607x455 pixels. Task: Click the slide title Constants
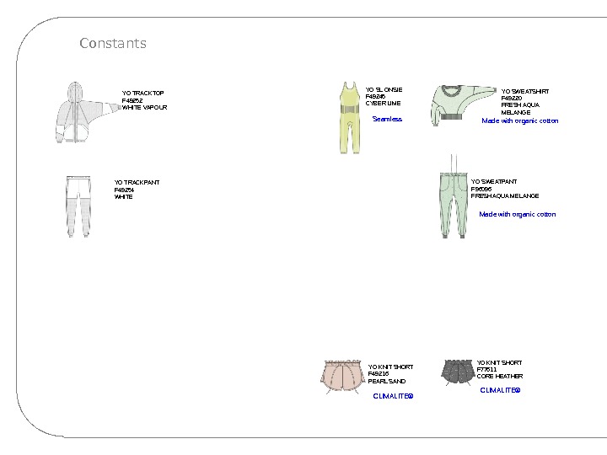[113, 43]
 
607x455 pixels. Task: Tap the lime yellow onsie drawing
[346, 118]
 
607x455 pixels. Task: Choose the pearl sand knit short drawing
[343, 375]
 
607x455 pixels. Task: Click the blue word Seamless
[387, 120]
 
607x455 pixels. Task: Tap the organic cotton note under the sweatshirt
[519, 120]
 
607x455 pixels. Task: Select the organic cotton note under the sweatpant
[518, 214]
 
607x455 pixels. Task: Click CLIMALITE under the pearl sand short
[393, 395]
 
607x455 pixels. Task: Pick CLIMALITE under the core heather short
[500, 390]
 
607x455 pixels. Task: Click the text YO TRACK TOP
[143, 94]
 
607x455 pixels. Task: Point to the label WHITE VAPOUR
[145, 108]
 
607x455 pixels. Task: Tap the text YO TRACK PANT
[137, 182]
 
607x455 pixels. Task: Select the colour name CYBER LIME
[383, 103]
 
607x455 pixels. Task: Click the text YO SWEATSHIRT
[524, 91]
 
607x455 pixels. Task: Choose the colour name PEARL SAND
[386, 381]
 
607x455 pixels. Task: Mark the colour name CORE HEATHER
[499, 377]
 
